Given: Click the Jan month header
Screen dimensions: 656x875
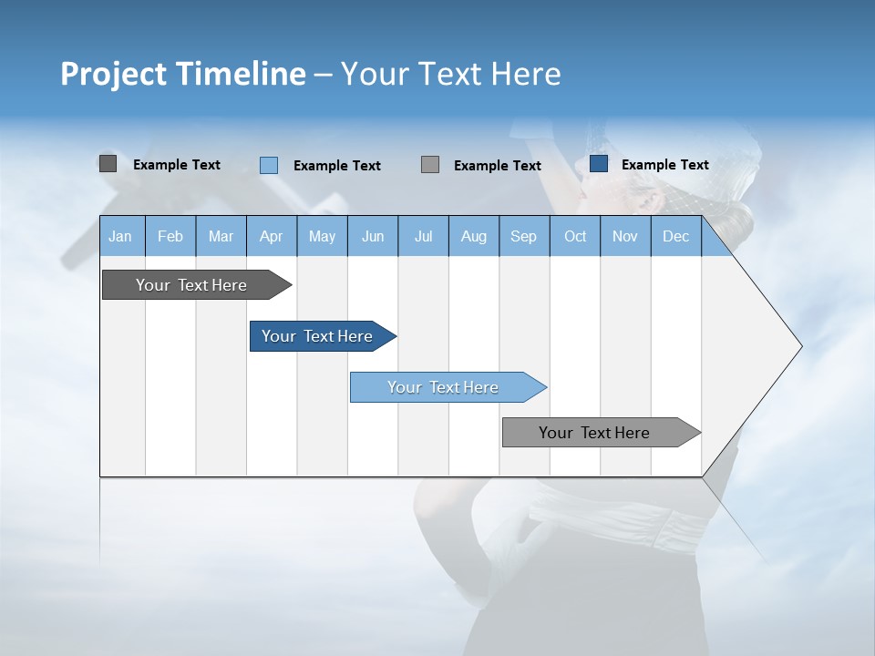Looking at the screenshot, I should point(121,236).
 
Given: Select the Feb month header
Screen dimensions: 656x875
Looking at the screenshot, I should point(170,236).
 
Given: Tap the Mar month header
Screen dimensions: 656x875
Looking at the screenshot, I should point(221,236).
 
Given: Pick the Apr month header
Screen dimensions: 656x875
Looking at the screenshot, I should point(272,236).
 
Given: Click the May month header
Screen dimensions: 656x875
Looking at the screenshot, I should point(322,236).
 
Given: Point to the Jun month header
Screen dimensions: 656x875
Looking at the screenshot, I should point(373,236).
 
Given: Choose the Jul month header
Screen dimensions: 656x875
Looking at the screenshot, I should point(423,236).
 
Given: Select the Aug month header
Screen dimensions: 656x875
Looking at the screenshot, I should point(474,236).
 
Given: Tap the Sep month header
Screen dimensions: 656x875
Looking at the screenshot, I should point(524,236).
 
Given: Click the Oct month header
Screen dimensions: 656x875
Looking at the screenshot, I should point(575,236).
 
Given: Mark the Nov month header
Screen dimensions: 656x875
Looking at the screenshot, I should point(625,236).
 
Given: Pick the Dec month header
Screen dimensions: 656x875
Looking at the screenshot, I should point(676,236).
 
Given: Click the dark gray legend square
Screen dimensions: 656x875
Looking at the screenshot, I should point(108,164).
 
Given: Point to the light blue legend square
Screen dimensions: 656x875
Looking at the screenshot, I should point(268,165).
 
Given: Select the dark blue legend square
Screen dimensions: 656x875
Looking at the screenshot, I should point(599,164).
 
